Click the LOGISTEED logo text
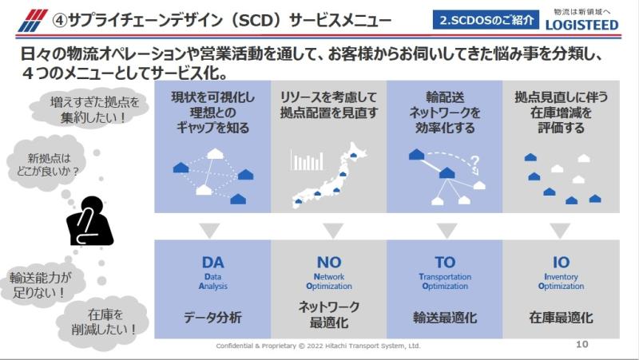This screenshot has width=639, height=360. (x=582, y=25)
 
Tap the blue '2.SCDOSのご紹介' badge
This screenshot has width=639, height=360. (x=486, y=20)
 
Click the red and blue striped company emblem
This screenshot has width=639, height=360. (x=33, y=21)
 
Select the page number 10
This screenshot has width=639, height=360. (x=582, y=344)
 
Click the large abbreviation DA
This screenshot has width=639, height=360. (x=212, y=263)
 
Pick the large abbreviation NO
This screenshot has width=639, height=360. (x=329, y=263)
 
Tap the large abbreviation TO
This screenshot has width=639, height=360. (x=445, y=263)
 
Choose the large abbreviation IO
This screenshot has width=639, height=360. (x=561, y=263)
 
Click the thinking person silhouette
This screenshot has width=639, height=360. (x=90, y=221)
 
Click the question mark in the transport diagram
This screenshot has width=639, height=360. (x=474, y=161)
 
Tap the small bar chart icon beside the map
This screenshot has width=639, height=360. (x=307, y=160)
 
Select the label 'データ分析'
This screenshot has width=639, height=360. (x=212, y=317)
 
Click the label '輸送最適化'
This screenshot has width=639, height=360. (x=445, y=317)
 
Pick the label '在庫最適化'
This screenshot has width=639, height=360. (x=561, y=317)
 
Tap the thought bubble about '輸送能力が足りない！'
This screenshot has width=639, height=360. (x=39, y=285)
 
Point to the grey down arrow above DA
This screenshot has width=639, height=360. (x=210, y=230)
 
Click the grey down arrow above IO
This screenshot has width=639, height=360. (x=560, y=230)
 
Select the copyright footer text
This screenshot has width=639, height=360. (x=318, y=346)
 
